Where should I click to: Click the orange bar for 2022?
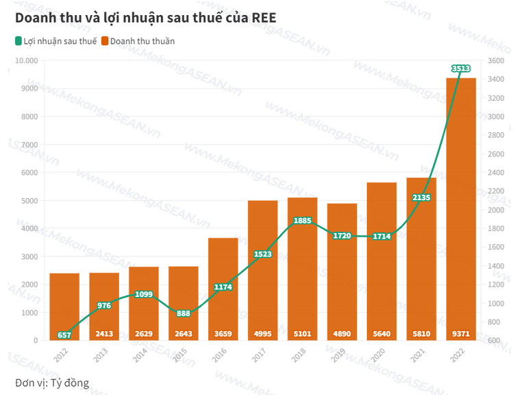tap(461, 206)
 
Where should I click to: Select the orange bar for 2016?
tap(223, 288)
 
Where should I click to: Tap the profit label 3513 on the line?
tap(461, 68)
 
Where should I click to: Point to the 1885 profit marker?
tap(302, 221)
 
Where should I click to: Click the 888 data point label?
tap(183, 313)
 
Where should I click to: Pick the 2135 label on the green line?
tap(421, 197)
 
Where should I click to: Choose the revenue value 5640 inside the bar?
tap(382, 335)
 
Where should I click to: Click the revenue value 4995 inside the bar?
tap(262, 335)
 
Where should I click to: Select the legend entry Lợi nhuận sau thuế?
tap(55, 41)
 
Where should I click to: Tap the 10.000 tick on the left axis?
tap(26, 60)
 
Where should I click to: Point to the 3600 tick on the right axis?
tap(496, 60)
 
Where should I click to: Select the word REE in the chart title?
tap(264, 18)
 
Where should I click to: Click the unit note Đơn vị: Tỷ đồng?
tap(52, 382)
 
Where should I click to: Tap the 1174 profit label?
tap(223, 287)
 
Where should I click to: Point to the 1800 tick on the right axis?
tap(496, 228)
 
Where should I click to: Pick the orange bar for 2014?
tap(143, 302)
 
